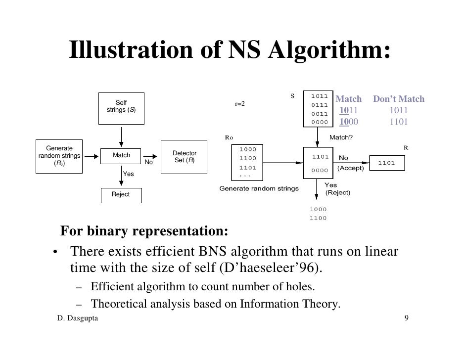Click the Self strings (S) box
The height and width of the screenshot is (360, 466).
(x=121, y=106)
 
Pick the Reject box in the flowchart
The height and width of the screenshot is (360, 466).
(x=121, y=195)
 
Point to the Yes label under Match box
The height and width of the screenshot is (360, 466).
(x=128, y=174)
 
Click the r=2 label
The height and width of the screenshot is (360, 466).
(x=240, y=104)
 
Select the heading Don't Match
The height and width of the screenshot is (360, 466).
(x=398, y=99)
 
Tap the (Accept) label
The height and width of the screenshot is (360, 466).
(x=350, y=168)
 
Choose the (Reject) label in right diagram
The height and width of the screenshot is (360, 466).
(x=337, y=192)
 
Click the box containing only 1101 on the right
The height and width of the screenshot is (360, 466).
(x=386, y=163)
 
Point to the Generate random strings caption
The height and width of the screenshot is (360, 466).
(x=259, y=188)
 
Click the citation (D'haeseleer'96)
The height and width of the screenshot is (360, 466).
(x=274, y=268)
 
